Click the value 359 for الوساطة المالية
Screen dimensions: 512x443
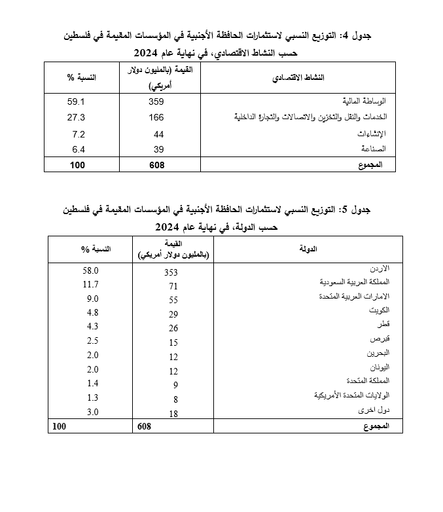pyautogui.click(x=156, y=101)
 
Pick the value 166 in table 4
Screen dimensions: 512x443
pyautogui.click(x=156, y=117)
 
